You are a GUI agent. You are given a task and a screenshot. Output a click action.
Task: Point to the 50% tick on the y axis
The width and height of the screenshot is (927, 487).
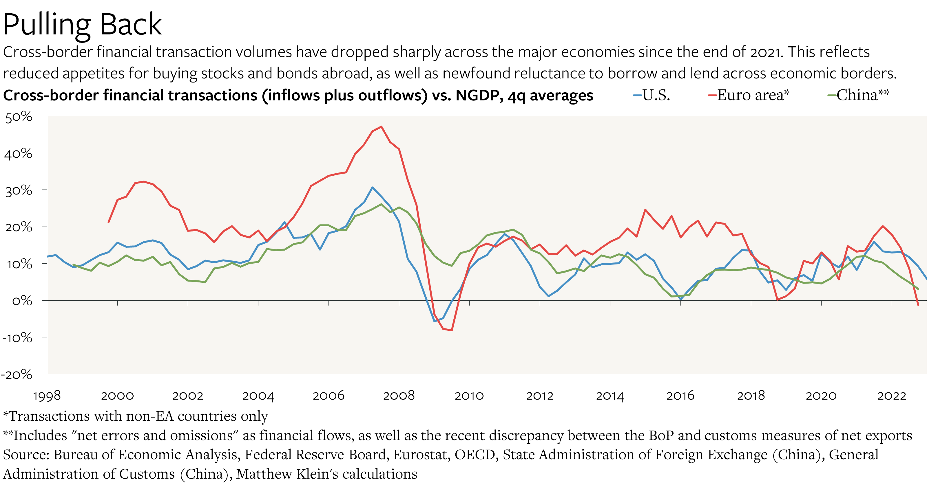19,117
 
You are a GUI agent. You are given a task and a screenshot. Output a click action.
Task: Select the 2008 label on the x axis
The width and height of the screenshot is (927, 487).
399,396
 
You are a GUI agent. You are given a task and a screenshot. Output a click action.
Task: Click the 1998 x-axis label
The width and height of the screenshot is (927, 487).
47,396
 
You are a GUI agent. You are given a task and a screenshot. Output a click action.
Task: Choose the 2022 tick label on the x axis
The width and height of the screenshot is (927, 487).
891,396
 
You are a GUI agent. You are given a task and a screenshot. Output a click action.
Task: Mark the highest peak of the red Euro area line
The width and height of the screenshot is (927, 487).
382,126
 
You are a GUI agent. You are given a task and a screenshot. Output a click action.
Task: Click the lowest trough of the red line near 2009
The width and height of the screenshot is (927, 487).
452,330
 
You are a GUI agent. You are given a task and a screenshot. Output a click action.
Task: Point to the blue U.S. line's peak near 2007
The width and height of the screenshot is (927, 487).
373,187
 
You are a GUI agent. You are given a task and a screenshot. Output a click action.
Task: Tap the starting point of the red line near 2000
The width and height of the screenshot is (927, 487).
108,223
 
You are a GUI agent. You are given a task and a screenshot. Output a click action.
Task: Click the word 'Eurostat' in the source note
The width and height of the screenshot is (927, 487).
421,455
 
